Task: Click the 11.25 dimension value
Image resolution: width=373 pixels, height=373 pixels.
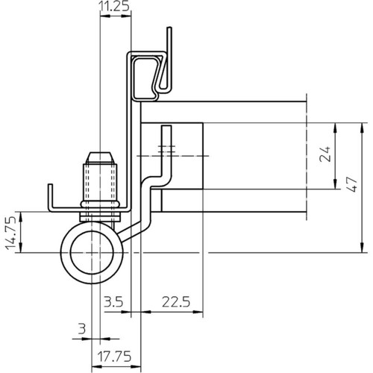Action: (115, 7)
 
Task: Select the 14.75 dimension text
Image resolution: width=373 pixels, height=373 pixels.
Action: (11, 233)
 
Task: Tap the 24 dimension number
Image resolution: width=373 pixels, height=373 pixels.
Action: (325, 154)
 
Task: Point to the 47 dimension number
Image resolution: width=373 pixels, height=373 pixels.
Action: (352, 184)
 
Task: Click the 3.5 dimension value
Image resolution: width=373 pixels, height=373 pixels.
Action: (113, 302)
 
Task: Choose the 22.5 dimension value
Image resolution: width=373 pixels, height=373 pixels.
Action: (176, 302)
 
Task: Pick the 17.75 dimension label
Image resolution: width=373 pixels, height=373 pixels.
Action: (114, 357)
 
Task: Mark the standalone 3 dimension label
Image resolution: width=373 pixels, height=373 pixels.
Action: (82, 329)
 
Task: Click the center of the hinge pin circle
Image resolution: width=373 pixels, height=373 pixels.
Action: (92, 253)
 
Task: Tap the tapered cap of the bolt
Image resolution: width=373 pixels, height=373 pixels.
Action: (100, 158)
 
